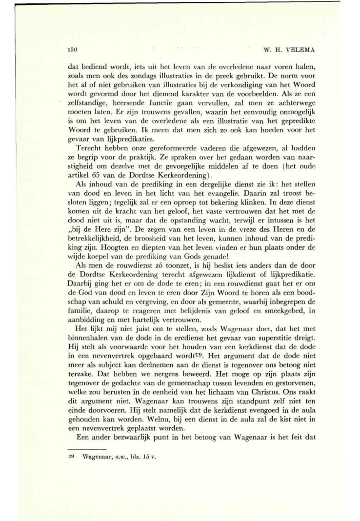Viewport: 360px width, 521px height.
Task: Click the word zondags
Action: coord(135,78)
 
